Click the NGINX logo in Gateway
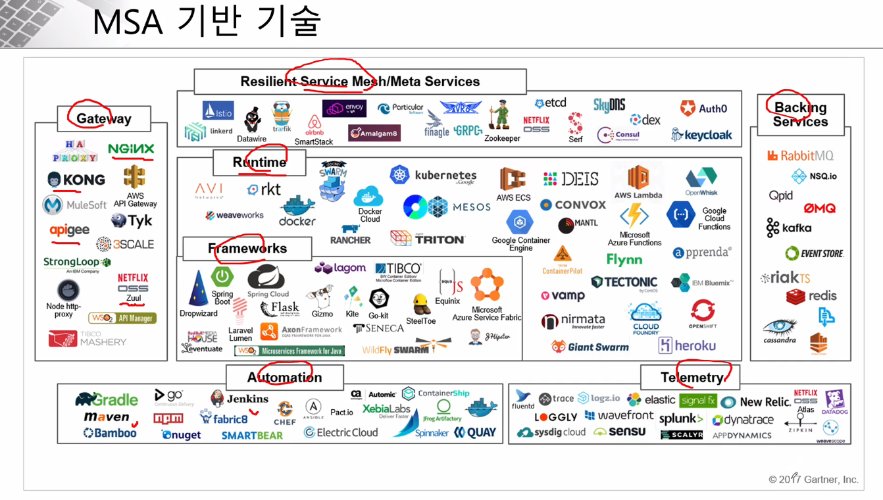coord(131,149)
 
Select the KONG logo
coord(76,180)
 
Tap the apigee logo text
coord(69,230)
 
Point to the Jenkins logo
coord(240,399)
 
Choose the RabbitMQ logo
coord(800,156)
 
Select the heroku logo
coord(687,345)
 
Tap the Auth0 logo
coord(704,109)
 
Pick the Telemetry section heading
coord(691,378)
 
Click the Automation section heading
coord(284,378)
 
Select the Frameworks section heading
coord(247,249)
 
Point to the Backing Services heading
coord(800,114)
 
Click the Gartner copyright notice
coord(813,480)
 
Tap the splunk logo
coord(680,419)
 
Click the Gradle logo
coord(107,399)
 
